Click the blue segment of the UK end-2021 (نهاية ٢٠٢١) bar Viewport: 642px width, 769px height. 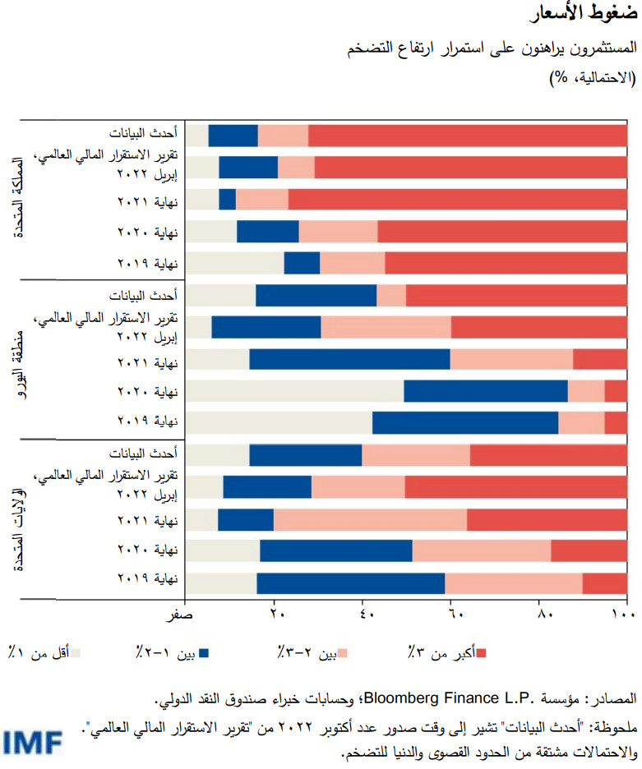[227, 200]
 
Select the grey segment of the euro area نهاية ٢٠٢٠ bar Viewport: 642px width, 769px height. [295, 391]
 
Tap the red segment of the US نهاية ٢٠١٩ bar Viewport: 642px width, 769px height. [604, 582]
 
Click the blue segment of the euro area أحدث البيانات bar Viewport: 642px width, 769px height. [316, 295]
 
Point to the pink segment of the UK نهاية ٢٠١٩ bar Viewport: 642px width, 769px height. [352, 263]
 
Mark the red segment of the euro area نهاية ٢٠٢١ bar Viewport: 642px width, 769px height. [599, 359]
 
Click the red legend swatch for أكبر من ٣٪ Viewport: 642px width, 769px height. [482, 653]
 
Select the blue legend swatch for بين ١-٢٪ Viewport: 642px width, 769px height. [205, 653]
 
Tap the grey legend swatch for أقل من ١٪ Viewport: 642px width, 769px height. [76, 653]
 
